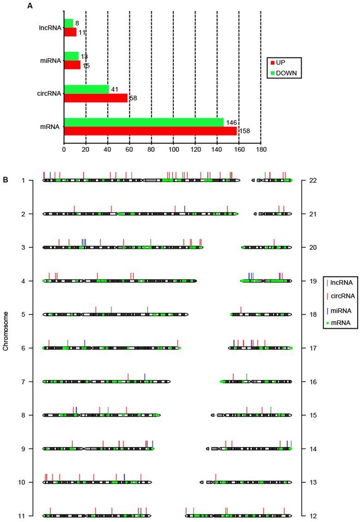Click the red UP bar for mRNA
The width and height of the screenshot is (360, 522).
(150, 131)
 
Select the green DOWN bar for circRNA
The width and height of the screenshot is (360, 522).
(86, 89)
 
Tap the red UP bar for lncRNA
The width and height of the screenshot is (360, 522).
(70, 32)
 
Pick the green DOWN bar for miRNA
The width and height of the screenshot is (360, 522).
(71, 56)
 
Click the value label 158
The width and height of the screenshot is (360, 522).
(244, 131)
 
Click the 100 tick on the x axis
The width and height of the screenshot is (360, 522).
(173, 150)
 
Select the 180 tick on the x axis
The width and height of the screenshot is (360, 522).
(261, 150)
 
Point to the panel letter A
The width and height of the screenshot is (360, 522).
(30, 6)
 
